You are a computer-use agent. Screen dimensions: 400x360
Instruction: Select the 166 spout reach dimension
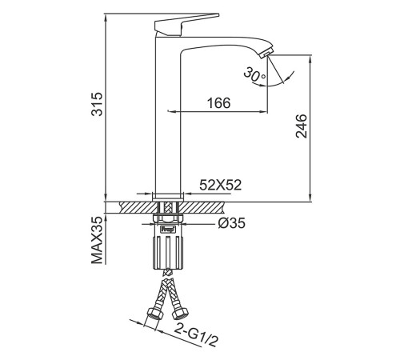218,103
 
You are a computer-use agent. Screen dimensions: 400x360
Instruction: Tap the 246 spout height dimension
302,126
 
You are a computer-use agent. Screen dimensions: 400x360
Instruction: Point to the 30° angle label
254,74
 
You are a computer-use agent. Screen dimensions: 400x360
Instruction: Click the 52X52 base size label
221,185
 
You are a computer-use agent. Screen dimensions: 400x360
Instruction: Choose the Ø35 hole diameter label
231,223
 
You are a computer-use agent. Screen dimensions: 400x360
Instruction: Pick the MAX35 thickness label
97,240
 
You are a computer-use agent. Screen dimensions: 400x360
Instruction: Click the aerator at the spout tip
266,52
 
